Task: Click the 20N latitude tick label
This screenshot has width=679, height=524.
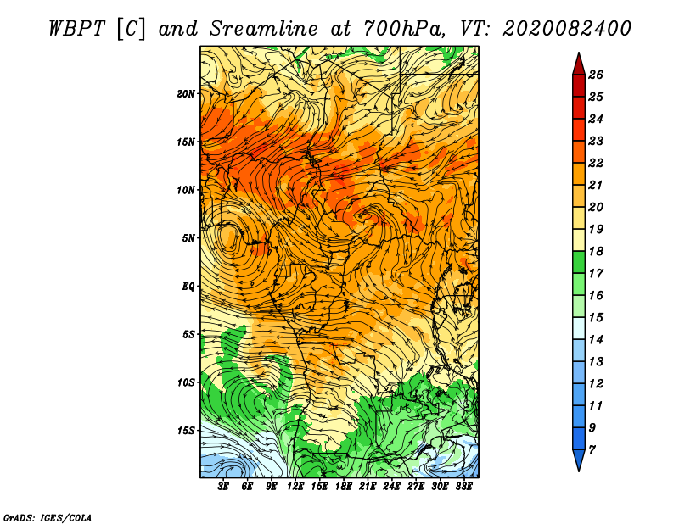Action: click(x=186, y=94)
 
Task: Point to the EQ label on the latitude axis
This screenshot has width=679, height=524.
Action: click(x=188, y=287)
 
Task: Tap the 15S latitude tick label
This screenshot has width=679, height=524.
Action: click(x=186, y=431)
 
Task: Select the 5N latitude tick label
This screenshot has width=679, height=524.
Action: click(x=188, y=238)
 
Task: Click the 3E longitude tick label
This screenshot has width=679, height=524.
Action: click(x=223, y=487)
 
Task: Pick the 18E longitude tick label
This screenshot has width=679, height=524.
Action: click(x=344, y=487)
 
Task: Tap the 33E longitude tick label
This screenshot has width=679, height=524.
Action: click(x=463, y=487)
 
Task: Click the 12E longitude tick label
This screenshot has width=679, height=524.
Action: click(x=295, y=487)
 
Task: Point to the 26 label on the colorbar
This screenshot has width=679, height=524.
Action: click(x=596, y=75)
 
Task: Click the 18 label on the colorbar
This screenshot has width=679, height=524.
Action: click(x=596, y=251)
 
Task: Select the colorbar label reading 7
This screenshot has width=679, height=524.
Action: click(x=592, y=450)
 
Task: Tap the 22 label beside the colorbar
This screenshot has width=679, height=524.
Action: click(x=596, y=163)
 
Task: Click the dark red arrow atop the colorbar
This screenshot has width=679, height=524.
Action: click(x=579, y=65)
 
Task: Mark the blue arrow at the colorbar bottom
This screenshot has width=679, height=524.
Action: click(x=579, y=460)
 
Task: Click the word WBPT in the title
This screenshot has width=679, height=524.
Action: click(x=76, y=29)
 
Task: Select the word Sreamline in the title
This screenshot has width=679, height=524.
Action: click(x=263, y=29)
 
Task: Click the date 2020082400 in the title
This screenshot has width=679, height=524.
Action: click(x=567, y=29)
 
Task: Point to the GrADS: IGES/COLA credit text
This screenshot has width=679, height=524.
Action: click(x=48, y=517)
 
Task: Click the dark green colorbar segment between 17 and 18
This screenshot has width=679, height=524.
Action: click(x=579, y=262)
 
